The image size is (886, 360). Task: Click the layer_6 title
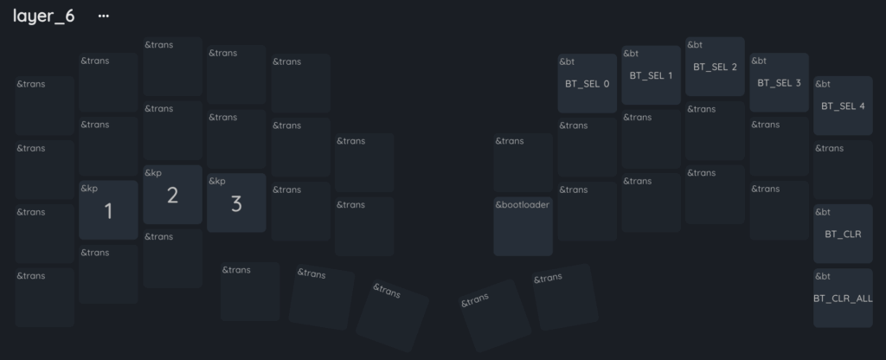pos(43,16)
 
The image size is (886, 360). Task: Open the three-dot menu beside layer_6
pos(104,16)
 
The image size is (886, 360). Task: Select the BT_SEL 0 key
pos(587,84)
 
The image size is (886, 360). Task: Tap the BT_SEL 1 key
pos(651,75)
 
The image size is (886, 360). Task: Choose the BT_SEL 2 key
pos(715,67)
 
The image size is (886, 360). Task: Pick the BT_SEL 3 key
pos(780,82)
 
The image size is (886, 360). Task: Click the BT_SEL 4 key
pos(843,106)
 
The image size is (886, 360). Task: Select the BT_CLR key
pos(843,234)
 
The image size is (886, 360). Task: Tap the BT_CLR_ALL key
pos(843,299)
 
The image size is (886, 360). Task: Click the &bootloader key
pos(523,227)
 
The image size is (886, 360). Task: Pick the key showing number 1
pos(108,210)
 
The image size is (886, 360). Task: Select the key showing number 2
pos(172,195)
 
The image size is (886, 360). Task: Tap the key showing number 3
pos(236,202)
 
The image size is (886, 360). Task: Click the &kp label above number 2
pos(153,173)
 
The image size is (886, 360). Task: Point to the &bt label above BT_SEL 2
pos(695,45)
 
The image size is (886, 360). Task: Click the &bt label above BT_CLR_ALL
pos(823,276)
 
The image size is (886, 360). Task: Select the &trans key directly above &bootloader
pos(523,163)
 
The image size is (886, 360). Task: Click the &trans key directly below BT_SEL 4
pos(843,170)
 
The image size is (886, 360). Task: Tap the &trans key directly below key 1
pos(108,274)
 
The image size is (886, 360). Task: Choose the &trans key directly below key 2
pos(172,259)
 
